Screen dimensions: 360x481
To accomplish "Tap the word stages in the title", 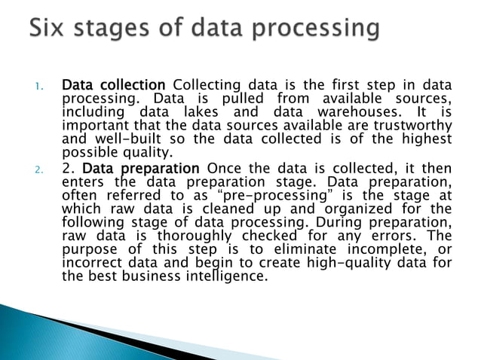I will [111, 31].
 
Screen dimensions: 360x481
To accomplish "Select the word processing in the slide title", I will [317, 31].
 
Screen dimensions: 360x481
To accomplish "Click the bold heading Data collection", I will [113, 84].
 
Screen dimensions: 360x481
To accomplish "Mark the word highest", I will [427, 139].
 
